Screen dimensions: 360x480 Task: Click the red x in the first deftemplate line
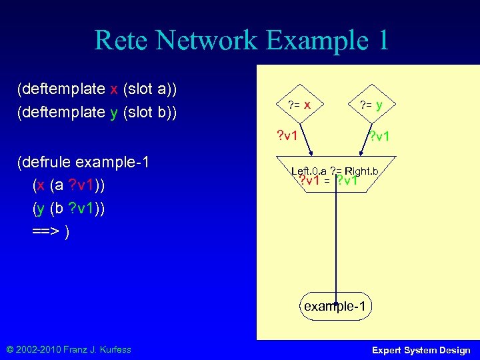pos(114,89)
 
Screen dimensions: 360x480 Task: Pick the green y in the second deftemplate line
pos(114,112)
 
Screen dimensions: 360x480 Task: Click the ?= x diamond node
pos(299,105)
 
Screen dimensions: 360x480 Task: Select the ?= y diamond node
pos(371,105)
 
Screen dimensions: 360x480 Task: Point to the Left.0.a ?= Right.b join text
pos(335,171)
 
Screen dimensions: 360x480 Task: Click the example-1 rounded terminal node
pos(335,307)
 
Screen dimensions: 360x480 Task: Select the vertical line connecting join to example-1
pos(337,247)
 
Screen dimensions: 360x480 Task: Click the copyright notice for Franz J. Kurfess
pos(70,349)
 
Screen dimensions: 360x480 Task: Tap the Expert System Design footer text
pos(421,350)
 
